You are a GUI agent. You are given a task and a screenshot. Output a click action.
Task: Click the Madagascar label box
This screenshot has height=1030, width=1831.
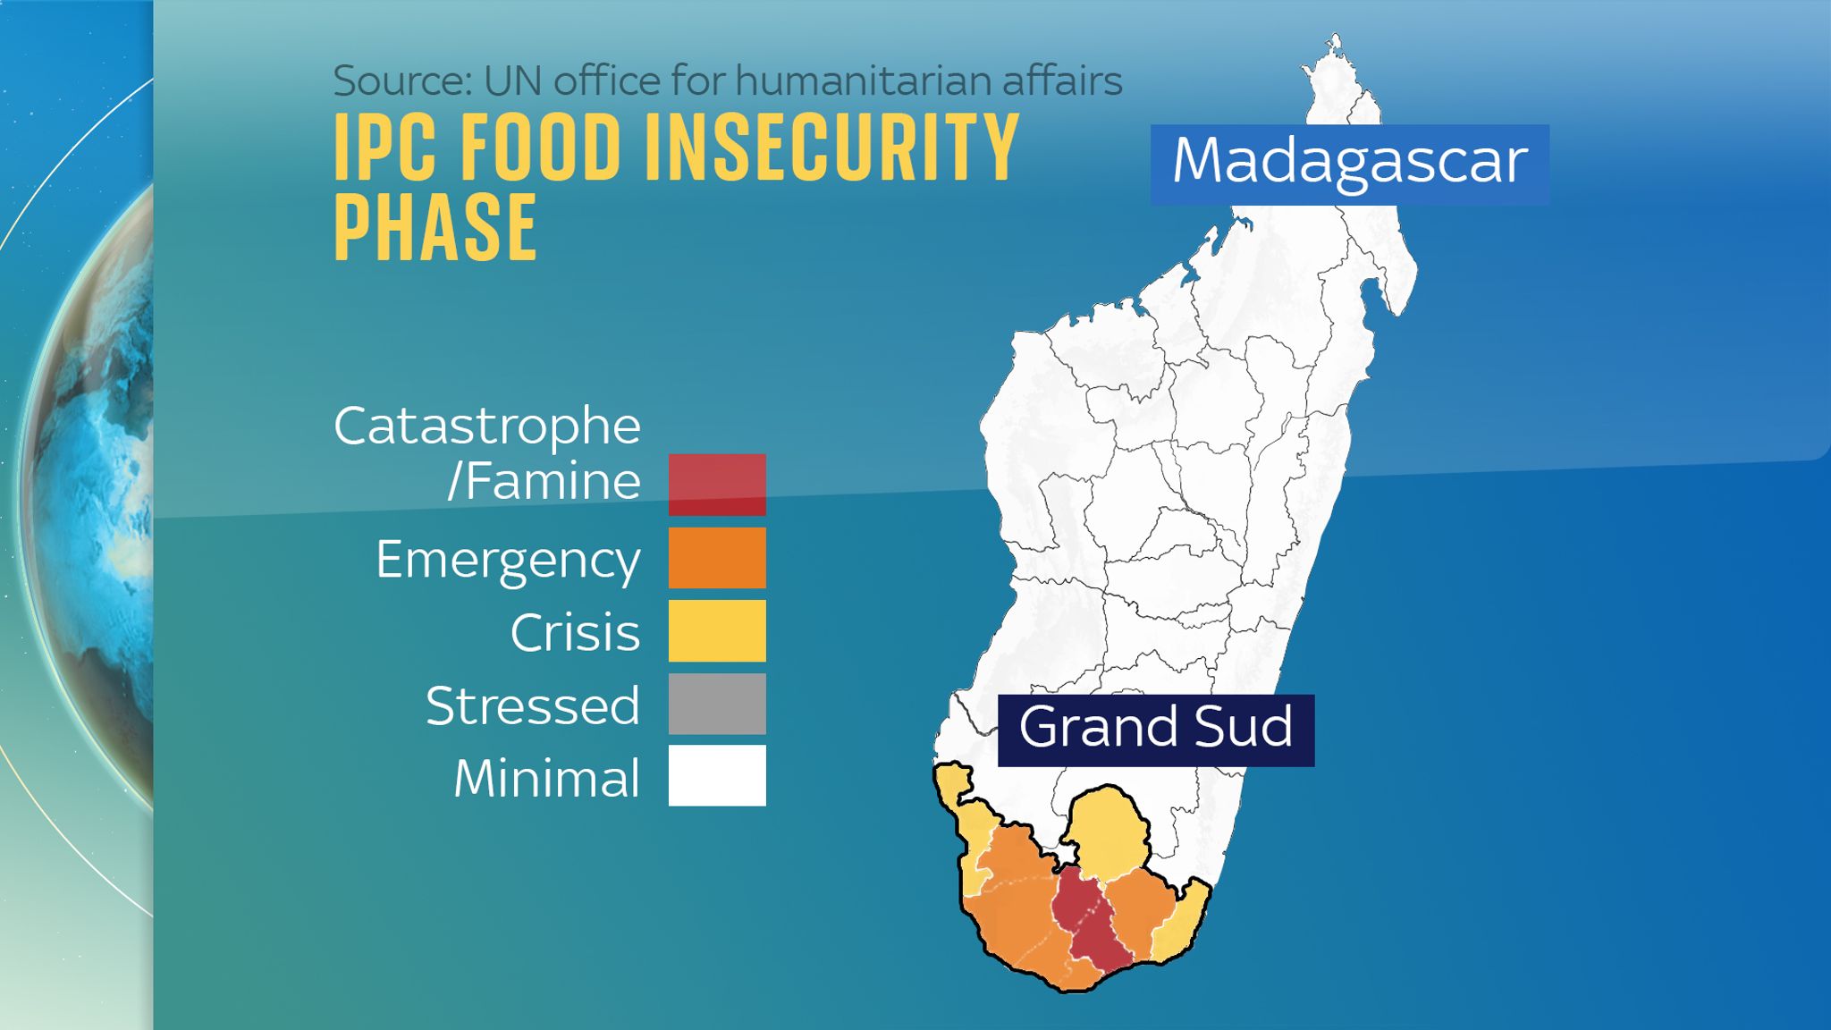tap(1349, 164)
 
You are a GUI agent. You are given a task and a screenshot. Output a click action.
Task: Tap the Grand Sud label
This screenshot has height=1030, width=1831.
tap(1155, 729)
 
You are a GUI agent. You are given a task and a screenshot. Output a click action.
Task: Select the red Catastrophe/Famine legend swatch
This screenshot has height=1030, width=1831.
tap(717, 484)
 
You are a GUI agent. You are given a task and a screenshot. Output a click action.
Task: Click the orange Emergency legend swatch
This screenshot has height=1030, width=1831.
tap(717, 558)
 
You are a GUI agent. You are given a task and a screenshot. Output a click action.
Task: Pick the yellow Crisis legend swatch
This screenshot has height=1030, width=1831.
tap(717, 630)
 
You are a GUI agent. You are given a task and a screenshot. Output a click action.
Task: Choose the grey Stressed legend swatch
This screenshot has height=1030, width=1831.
tap(717, 704)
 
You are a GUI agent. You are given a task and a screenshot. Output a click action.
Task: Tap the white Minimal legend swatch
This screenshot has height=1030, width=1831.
tap(717, 775)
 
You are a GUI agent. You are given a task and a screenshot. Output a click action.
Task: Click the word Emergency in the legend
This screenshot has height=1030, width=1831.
tap(507, 561)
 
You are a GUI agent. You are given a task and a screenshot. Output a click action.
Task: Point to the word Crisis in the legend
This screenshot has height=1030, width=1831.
tap(575, 633)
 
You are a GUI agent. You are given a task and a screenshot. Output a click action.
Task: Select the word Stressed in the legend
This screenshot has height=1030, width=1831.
tap(533, 705)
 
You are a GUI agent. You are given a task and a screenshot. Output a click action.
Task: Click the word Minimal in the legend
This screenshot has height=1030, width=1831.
tap(546, 778)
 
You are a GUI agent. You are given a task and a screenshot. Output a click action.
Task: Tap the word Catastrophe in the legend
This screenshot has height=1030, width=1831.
tap(487, 426)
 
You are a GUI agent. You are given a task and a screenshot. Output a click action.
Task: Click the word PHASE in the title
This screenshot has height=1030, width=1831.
tap(435, 228)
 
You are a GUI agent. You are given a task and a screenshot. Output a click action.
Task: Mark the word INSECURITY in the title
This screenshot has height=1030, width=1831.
tap(831, 148)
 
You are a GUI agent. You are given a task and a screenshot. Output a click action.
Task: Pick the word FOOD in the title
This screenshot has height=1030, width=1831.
tap(540, 148)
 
